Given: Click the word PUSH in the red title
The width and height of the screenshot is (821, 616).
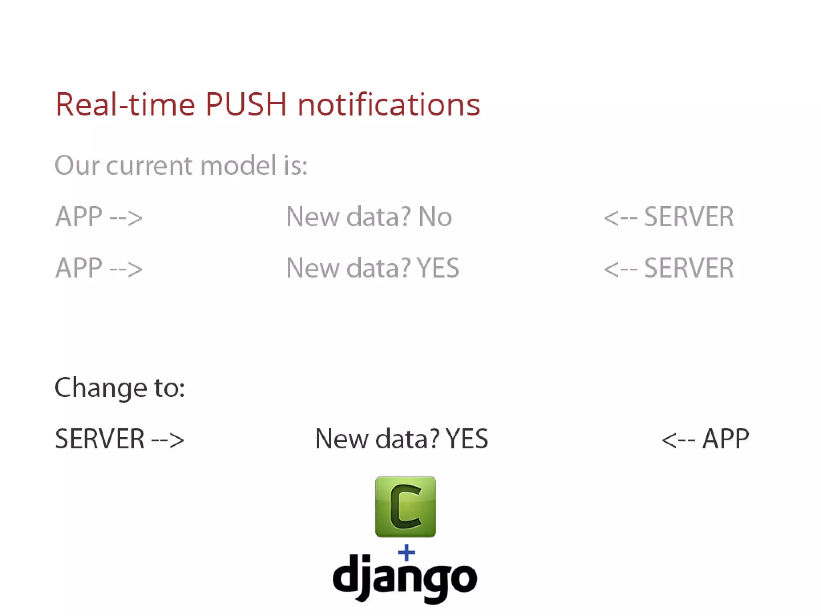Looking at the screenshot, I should click(x=246, y=104).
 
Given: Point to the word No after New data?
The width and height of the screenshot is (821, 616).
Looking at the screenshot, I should click(x=435, y=217).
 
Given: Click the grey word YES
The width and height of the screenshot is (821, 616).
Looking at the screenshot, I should click(x=438, y=268).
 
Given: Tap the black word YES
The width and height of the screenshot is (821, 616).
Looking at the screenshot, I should click(x=467, y=439).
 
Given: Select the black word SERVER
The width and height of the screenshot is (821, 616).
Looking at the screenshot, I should click(x=99, y=439).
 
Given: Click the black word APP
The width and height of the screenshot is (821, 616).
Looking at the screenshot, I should click(x=726, y=439).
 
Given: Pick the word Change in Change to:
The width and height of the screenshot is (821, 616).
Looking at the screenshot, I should click(x=101, y=388).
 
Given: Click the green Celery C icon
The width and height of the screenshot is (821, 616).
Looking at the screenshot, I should click(x=405, y=507).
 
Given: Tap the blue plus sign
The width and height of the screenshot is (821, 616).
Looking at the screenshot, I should click(x=406, y=553).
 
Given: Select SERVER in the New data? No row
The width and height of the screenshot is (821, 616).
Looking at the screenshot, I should click(x=689, y=217).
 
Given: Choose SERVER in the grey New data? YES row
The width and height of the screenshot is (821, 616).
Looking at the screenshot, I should click(x=689, y=268).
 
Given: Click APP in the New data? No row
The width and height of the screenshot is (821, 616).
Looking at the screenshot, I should click(x=79, y=217).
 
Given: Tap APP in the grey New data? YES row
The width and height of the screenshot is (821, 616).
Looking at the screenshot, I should click(x=79, y=268).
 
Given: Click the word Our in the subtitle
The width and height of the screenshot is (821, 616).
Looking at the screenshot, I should click(x=77, y=165).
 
